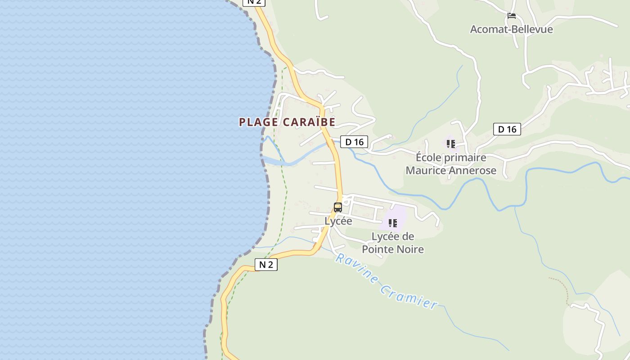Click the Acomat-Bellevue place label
511,29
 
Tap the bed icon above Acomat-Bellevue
512,16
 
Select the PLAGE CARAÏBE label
287,122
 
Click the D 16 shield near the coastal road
354,142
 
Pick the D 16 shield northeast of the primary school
507,129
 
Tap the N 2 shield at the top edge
254,2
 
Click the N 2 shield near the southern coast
266,265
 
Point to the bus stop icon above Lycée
338,207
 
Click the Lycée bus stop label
338,221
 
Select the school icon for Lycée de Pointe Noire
393,223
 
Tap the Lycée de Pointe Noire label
393,243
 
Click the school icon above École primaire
451,144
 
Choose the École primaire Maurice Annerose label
451,164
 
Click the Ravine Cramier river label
386,282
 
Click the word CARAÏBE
309,122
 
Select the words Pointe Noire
393,249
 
